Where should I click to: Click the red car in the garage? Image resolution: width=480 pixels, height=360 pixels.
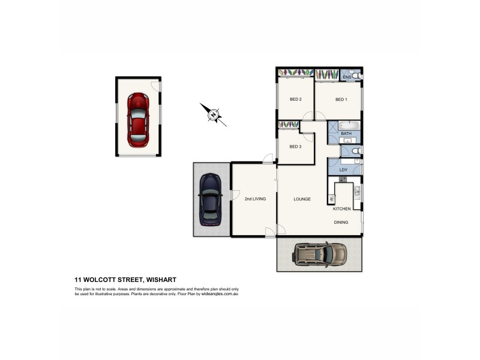(138, 120)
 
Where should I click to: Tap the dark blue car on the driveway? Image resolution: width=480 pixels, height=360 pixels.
(210, 198)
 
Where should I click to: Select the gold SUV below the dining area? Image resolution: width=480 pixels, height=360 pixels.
(320, 253)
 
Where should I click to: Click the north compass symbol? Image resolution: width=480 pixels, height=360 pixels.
(213, 115)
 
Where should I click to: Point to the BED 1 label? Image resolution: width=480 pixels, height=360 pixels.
(341, 100)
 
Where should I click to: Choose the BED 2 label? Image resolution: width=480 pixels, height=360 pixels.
(295, 100)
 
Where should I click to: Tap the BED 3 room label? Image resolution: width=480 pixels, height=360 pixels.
(295, 147)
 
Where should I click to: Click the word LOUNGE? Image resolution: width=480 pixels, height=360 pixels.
(302, 199)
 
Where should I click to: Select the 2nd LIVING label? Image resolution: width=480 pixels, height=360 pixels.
(255, 199)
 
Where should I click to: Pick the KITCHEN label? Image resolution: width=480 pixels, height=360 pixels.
(342, 209)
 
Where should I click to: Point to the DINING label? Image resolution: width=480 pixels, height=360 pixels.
(341, 223)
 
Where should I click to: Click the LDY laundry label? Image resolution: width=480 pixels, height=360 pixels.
(343, 170)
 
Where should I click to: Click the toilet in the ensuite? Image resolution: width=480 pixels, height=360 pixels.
(356, 77)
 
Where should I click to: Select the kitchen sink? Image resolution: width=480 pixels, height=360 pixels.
(357, 192)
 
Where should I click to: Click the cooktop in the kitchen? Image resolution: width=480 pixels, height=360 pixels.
(331, 199)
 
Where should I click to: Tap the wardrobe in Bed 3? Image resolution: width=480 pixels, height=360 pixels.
(289, 125)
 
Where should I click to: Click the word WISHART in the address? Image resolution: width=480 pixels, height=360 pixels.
(158, 279)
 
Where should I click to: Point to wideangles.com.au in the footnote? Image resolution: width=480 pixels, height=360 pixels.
(220, 294)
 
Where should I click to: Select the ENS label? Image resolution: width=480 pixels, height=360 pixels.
(346, 77)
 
